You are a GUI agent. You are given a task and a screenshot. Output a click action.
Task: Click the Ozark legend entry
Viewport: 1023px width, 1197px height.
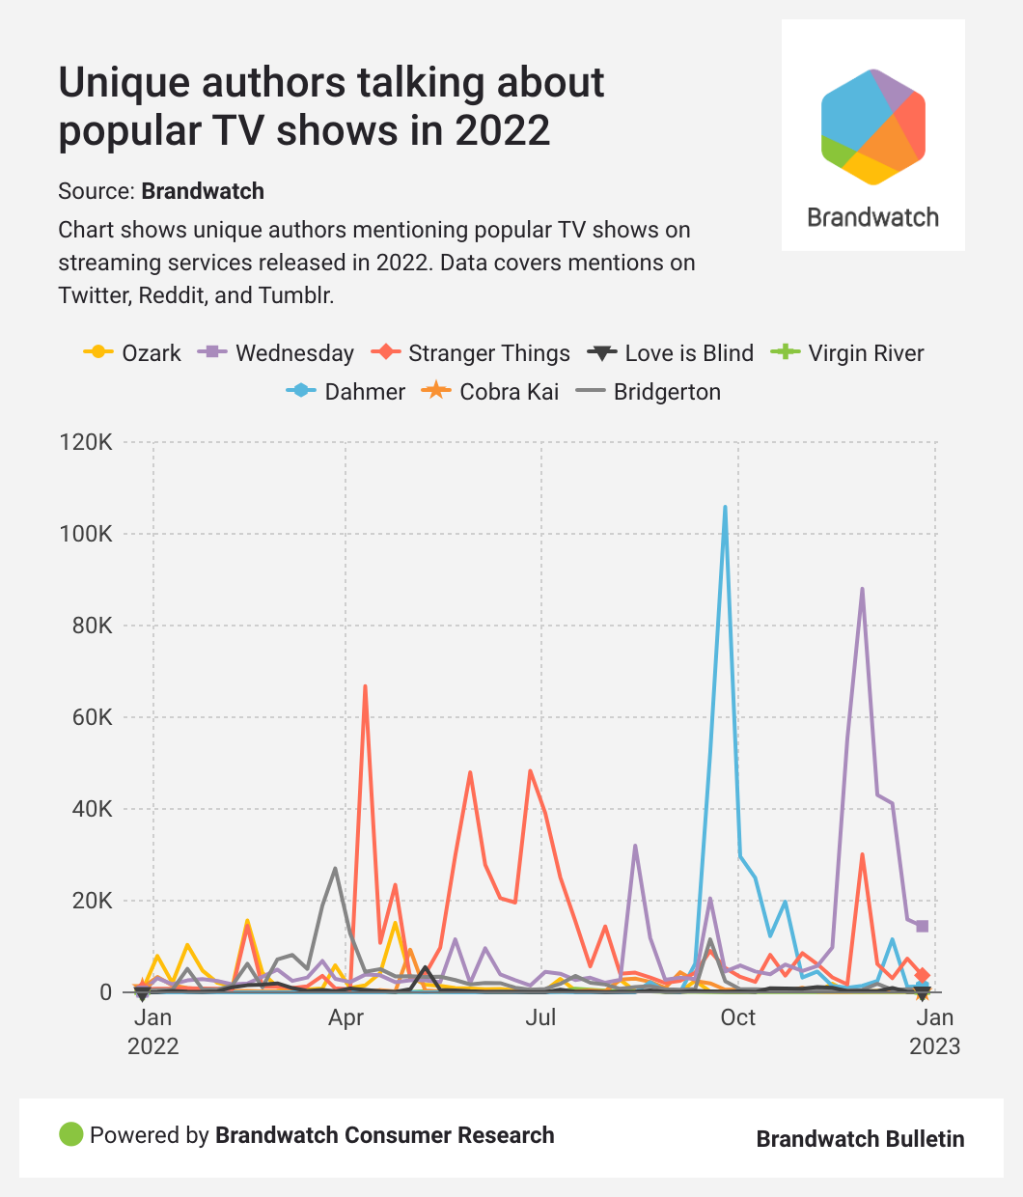click(133, 353)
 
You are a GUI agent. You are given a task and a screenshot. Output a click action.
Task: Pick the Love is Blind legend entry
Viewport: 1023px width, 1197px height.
click(671, 353)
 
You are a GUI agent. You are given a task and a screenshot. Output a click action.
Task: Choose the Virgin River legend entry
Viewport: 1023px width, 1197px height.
click(848, 353)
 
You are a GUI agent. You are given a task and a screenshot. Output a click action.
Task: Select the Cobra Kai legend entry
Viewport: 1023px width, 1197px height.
click(493, 392)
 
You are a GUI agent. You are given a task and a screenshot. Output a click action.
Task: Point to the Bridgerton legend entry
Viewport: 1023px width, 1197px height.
click(649, 392)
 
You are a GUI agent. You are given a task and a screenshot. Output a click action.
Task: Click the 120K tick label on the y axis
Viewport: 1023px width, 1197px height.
click(86, 443)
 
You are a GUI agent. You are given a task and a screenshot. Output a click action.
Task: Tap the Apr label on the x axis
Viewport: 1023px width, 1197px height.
click(346, 1017)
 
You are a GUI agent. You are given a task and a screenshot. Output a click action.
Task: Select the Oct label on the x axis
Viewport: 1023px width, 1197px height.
click(738, 1017)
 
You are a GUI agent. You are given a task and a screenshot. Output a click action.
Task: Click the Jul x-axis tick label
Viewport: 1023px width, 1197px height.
click(541, 1017)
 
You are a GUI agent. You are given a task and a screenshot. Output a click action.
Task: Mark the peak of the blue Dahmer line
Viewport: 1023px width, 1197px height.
click(725, 507)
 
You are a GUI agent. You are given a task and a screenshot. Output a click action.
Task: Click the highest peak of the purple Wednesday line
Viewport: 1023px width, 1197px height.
click(862, 589)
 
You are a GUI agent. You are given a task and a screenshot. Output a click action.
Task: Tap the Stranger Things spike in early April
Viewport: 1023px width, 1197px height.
click(365, 686)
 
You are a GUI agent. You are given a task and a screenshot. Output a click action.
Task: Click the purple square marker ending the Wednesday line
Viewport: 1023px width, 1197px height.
click(923, 927)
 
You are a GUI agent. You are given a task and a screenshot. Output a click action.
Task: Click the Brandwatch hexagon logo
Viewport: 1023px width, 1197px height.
click(872, 126)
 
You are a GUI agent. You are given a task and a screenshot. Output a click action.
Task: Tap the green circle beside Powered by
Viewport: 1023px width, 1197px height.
click(71, 1135)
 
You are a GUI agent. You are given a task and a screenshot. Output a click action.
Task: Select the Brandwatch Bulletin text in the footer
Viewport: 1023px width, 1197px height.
click(860, 1139)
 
